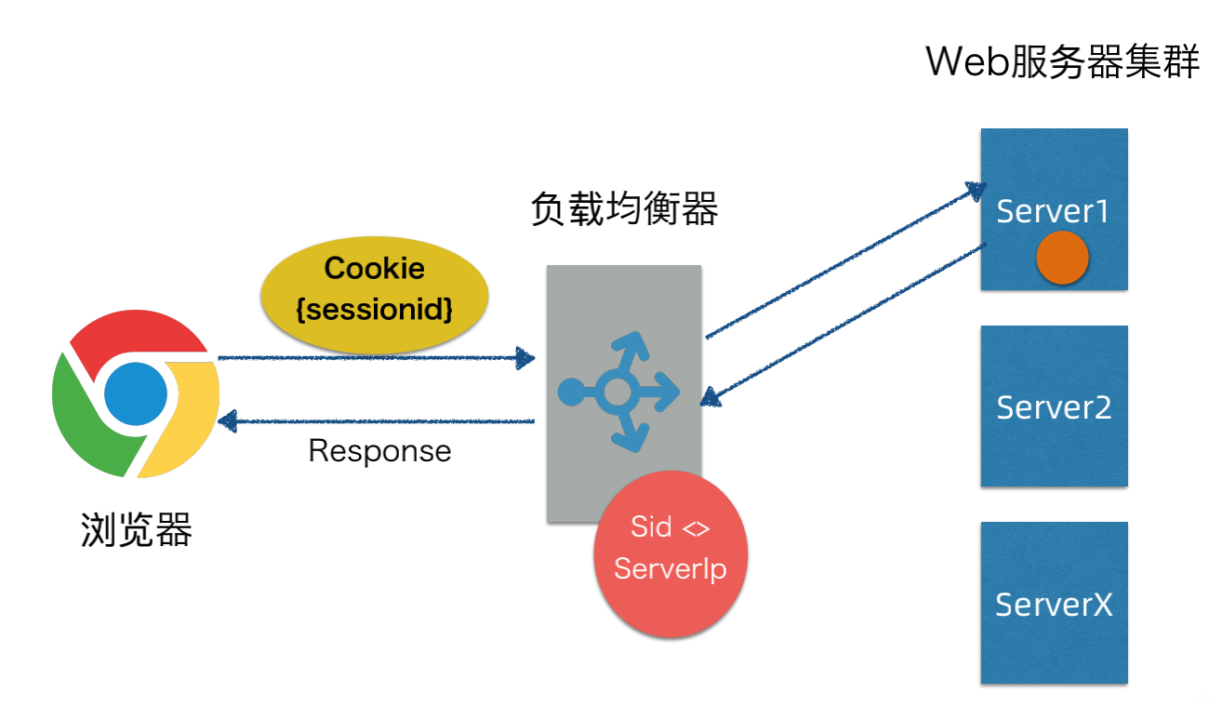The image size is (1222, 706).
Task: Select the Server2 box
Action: click(1054, 406)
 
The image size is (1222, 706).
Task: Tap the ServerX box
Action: click(1054, 603)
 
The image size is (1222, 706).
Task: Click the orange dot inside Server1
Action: click(1062, 258)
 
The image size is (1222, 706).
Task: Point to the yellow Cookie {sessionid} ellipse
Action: click(375, 289)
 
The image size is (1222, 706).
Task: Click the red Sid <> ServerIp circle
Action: click(670, 553)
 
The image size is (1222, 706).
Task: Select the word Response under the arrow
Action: click(379, 451)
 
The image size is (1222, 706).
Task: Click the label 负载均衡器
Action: click(624, 210)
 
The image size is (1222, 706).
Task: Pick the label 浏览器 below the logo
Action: click(136, 531)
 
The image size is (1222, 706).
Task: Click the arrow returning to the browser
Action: click(372, 422)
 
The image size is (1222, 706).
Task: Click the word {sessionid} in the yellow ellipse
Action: click(375, 309)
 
